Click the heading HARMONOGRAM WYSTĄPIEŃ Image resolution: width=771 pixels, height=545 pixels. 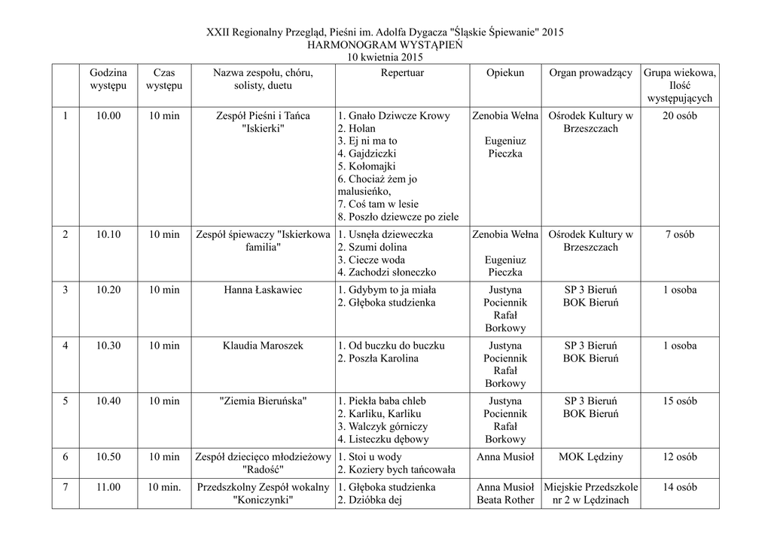point(385,44)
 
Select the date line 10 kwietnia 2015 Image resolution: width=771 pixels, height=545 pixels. point(385,57)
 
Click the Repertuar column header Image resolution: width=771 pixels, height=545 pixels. point(402,73)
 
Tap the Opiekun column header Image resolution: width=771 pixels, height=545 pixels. point(504,73)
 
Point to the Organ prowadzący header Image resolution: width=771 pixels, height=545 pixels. point(590,73)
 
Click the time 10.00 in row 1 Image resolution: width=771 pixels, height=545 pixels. point(108,116)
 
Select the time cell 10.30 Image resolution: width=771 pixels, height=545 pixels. point(108,346)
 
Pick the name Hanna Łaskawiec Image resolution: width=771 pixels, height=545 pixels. point(263,290)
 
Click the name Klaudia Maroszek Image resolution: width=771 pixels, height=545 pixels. point(263,346)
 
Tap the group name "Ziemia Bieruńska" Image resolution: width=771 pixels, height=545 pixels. point(263,401)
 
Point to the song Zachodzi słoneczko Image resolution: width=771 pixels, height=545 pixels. point(386,272)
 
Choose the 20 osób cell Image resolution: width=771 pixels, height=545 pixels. point(680,116)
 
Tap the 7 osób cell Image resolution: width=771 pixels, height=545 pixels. point(680,234)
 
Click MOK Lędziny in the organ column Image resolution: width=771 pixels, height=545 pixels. point(590,457)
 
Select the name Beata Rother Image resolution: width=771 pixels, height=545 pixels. point(505,500)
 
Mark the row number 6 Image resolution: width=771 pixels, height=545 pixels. point(66,457)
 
